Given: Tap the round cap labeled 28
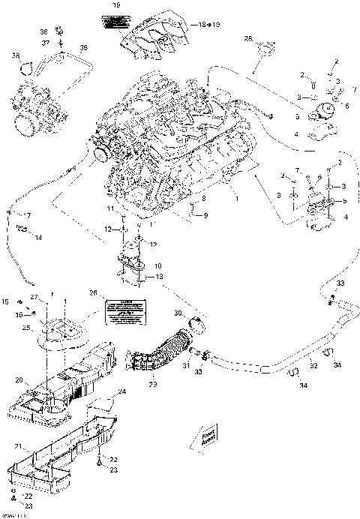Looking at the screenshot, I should tap(263, 52).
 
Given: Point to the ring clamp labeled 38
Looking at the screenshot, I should tap(27, 68).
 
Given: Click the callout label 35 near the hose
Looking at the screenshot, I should tap(83, 47).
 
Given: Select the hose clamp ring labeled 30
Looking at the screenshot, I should tap(197, 325).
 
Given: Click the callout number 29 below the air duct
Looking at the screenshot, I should tap(154, 385).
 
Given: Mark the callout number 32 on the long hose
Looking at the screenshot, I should tap(314, 365).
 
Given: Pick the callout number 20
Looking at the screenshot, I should tap(18, 380).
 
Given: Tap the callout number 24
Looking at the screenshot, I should tap(122, 391).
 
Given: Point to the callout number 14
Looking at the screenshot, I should tap(38, 238).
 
